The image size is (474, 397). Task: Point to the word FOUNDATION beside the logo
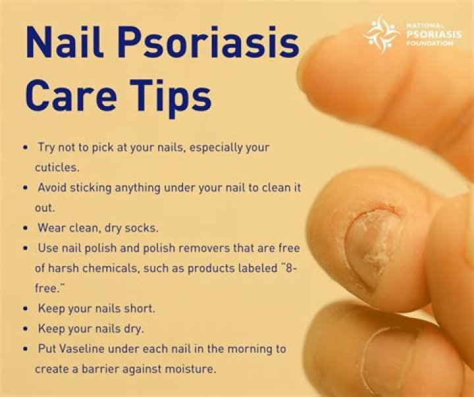(430, 43)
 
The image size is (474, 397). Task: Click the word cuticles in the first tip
(59, 167)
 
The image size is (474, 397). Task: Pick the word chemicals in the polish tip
(109, 269)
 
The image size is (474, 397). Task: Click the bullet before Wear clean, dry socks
(26, 228)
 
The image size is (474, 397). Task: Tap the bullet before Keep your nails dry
(26, 329)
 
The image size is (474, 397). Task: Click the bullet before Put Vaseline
(26, 349)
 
